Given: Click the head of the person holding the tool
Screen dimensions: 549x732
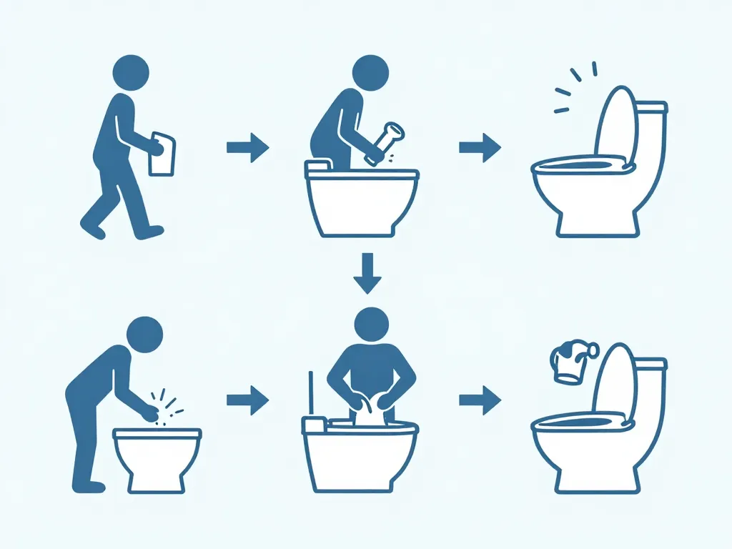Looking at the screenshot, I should click(x=371, y=72).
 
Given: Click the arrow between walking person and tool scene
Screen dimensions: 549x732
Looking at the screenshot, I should click(x=247, y=148).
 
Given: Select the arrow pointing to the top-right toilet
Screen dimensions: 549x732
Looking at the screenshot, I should click(x=480, y=148).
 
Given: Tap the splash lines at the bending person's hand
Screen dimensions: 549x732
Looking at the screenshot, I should click(x=167, y=407).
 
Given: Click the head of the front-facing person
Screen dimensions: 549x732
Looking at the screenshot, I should click(x=371, y=327).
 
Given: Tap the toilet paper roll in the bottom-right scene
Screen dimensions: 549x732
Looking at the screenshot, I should click(x=572, y=361).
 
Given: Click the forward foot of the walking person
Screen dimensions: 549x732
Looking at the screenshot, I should click(x=150, y=232).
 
